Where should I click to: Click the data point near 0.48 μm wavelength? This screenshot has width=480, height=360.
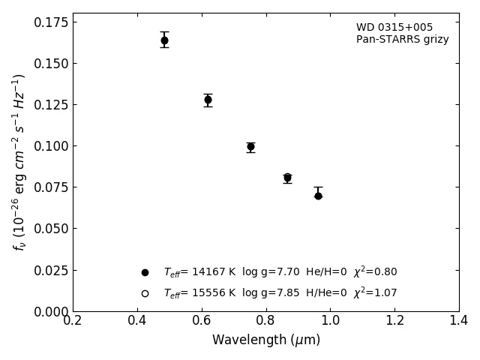point(164,40)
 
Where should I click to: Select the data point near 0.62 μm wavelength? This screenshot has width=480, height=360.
point(208,100)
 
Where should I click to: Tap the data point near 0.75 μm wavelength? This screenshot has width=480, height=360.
point(250,147)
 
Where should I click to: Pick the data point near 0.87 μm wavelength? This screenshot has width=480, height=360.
point(287,178)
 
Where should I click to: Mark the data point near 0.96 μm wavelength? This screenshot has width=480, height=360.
point(318,196)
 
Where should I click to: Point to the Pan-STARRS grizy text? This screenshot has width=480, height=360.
point(402,40)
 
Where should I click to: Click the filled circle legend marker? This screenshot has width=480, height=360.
point(145,272)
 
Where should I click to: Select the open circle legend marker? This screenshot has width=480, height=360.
point(145,293)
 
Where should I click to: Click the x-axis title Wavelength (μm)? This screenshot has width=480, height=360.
point(265,340)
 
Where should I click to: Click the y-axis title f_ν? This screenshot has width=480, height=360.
point(19,162)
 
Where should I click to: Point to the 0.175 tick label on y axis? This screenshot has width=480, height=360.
point(50,22)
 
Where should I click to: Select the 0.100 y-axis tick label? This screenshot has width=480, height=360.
point(50,146)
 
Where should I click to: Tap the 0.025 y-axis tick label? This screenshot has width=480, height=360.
point(50,270)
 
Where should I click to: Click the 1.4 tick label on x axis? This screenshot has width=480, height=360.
point(458,321)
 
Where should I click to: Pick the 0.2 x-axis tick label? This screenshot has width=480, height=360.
point(73,321)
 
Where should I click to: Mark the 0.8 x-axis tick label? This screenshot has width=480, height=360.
point(265,321)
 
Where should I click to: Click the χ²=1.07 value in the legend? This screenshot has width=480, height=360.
point(375,293)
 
